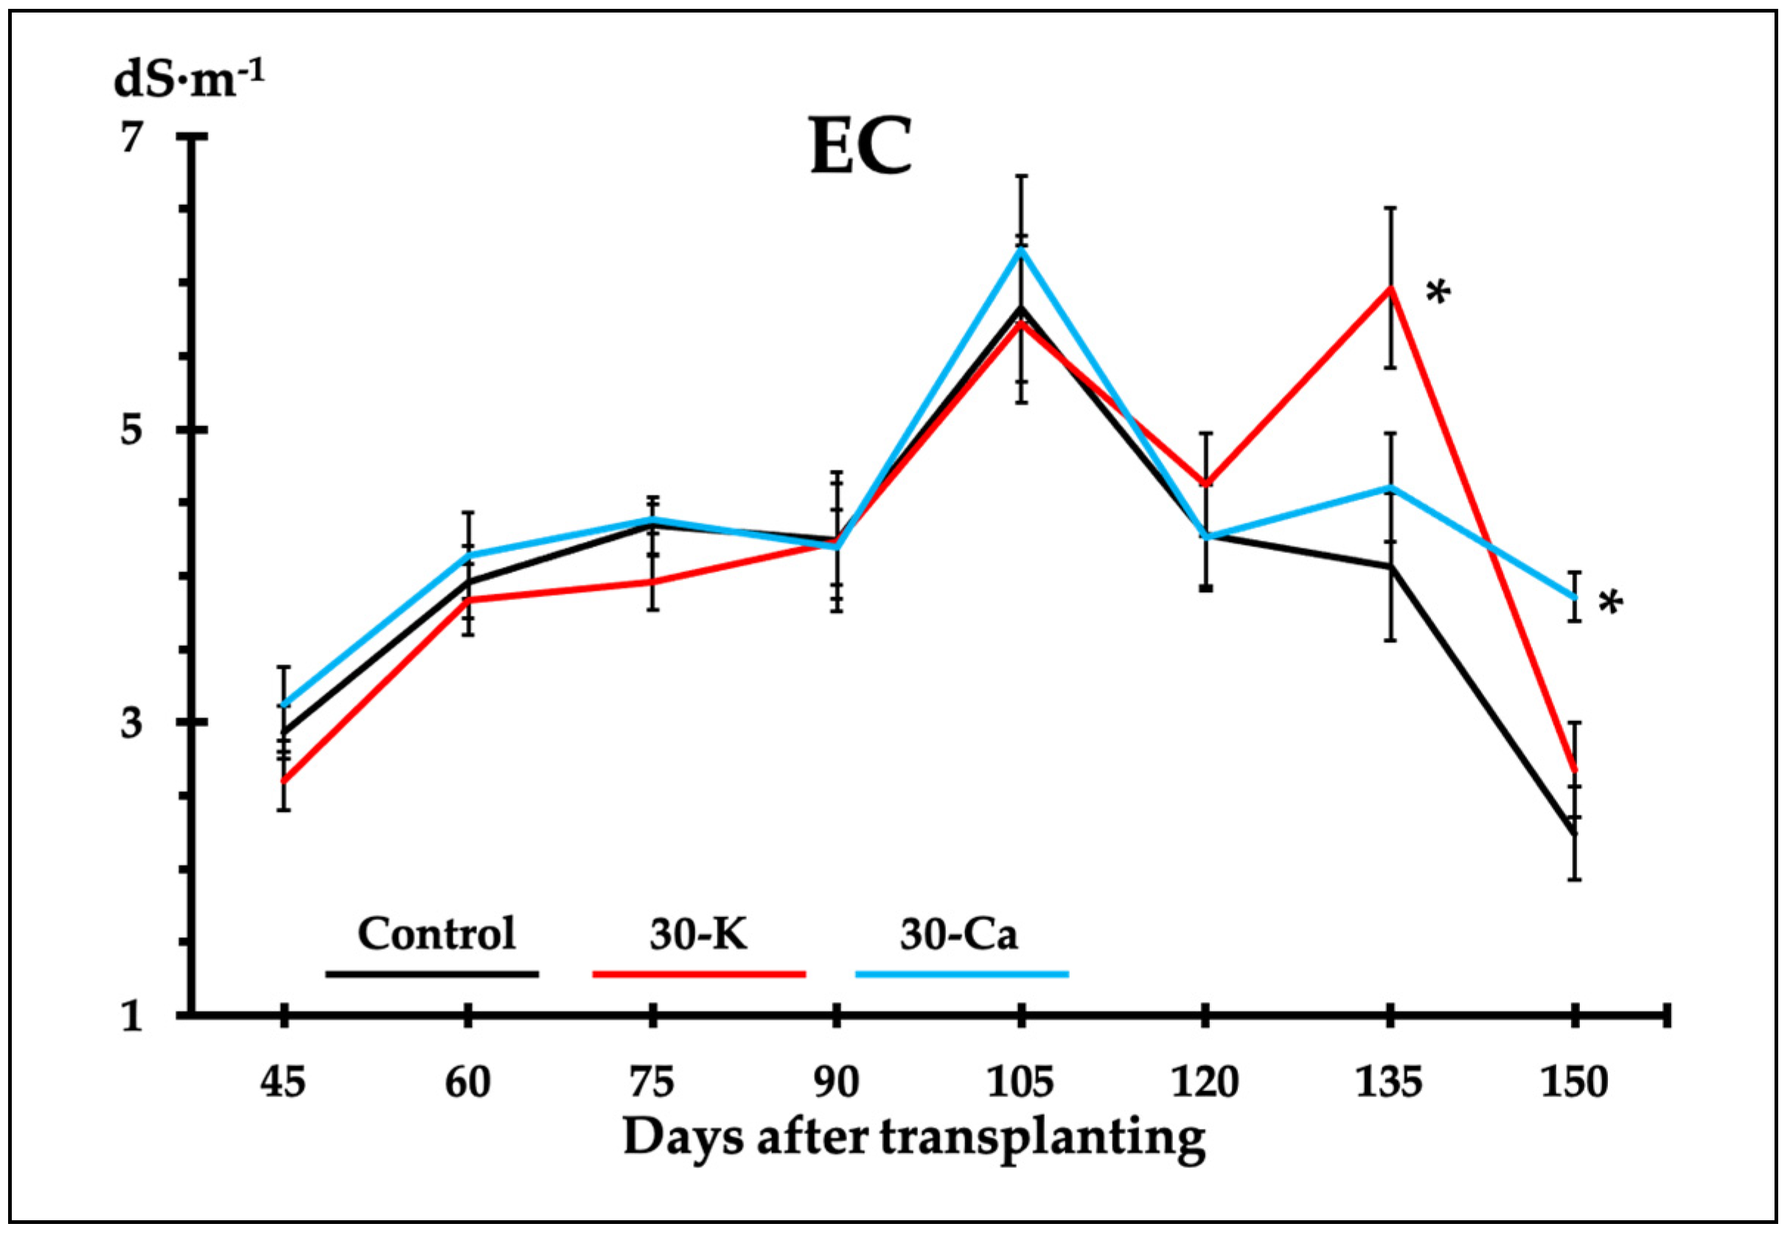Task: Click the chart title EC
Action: (860, 147)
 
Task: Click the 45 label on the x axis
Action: (283, 1082)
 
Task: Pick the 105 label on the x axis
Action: (1020, 1082)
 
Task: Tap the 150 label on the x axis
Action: (1574, 1082)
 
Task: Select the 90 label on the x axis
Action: (836, 1082)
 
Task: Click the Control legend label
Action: (436, 934)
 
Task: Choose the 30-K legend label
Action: (698, 934)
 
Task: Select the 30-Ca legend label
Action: (958, 934)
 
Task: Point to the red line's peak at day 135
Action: (1390, 288)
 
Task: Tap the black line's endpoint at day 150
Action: (1574, 833)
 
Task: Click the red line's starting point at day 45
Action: (284, 782)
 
